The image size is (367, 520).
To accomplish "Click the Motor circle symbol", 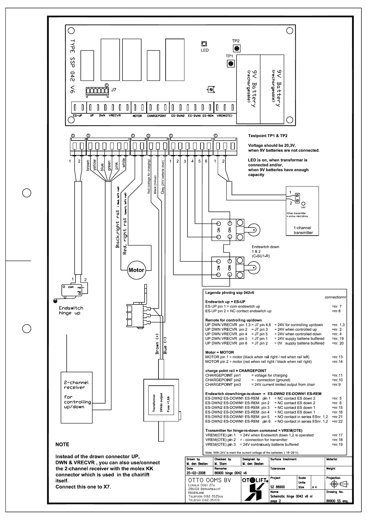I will pos(136,270).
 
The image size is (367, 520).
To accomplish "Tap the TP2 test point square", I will pos(237,48).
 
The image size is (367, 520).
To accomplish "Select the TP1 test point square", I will pos(230,64).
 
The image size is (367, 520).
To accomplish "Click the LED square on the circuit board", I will pos(204,44).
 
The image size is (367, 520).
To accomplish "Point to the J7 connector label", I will pos(113,90).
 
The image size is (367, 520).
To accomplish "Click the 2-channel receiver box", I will pos(76,397).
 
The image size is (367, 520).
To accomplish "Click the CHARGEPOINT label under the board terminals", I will pos(157,116).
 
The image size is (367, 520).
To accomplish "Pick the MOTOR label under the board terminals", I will pos(137,116).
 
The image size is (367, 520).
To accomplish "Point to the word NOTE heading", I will pos(62,444).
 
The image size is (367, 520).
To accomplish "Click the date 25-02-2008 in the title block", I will pos(196,473).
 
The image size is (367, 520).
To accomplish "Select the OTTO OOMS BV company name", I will pos(209,480).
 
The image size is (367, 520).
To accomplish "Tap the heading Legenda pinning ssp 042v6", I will pos(229,292).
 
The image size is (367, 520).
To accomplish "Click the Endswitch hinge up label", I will pos(71,310).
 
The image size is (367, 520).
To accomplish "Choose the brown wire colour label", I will pos(88,166).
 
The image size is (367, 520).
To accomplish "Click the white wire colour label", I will pos(124,163).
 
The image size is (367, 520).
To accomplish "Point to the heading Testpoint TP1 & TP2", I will pos(268,136).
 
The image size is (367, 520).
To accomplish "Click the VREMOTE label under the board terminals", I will pos(225,116).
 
